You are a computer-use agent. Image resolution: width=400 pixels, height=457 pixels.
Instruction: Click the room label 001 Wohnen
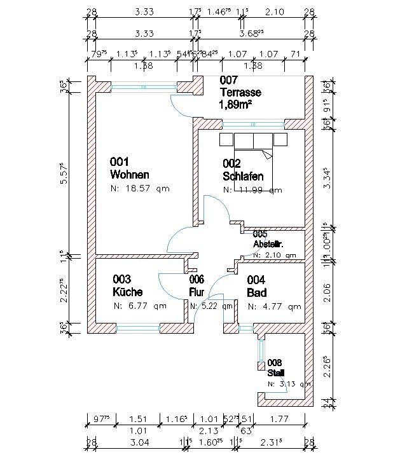point(130,168)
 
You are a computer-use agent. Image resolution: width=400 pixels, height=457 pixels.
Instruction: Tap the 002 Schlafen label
point(243,170)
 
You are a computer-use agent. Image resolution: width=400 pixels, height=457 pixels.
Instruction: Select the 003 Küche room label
point(127,286)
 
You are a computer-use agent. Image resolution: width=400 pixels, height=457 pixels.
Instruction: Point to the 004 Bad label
point(256,286)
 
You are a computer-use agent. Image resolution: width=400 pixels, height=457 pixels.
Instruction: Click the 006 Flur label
point(197,286)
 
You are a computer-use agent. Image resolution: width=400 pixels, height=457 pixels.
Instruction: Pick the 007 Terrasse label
point(240,86)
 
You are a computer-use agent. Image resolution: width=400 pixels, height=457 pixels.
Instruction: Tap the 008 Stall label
point(276,368)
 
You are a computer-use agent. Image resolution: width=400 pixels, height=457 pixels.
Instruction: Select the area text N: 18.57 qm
point(140,189)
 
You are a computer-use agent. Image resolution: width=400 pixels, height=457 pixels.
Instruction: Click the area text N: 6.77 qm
point(140,306)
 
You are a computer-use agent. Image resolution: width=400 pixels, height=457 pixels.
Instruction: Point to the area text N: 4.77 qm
point(274,306)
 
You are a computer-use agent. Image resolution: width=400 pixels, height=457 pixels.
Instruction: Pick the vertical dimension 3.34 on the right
point(326,179)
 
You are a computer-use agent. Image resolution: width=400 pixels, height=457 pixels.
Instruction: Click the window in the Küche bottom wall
point(137,328)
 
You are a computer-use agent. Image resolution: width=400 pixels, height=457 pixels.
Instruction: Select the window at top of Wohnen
point(144,86)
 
